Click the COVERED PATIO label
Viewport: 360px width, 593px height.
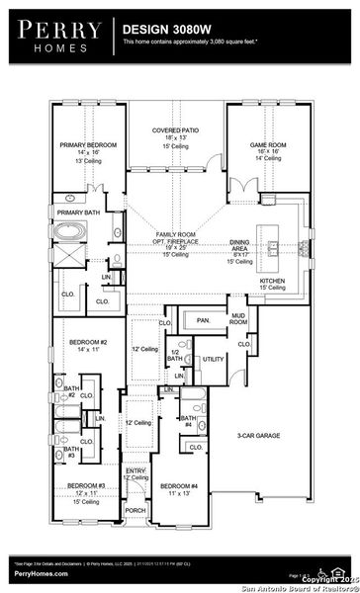coord(177,129)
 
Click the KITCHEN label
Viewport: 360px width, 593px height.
coord(273,280)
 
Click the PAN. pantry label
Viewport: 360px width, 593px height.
coord(203,321)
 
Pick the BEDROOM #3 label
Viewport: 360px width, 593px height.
coord(86,485)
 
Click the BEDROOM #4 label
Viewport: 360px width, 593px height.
coord(179,485)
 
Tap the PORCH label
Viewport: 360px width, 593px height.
coord(135,511)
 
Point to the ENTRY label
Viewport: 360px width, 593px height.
coord(135,471)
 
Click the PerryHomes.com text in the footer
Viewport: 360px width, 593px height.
coord(32,571)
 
